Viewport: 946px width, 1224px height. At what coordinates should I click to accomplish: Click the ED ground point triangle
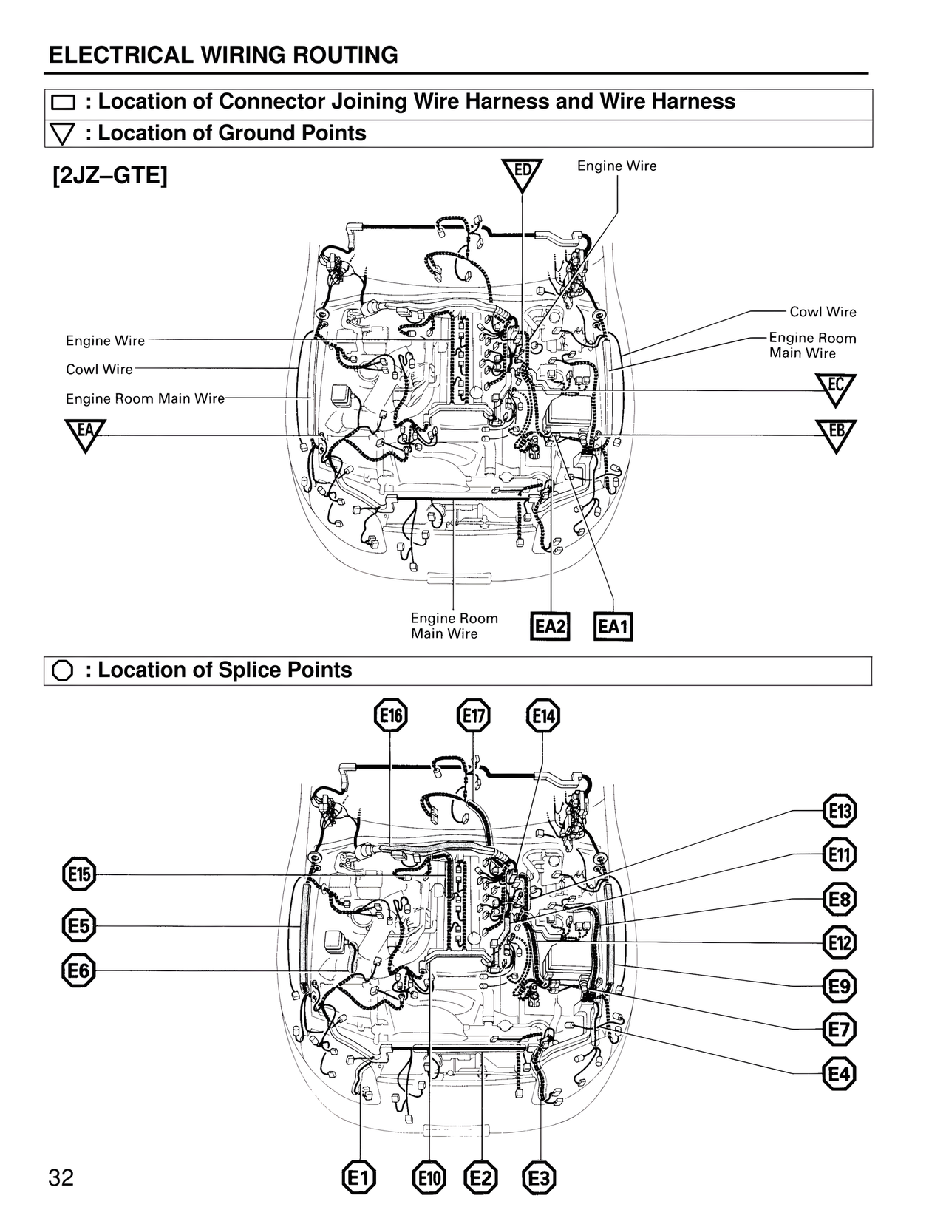[522, 172]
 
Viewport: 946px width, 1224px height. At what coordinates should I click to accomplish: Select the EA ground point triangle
[85, 432]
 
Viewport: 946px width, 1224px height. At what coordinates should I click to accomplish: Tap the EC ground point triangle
[835, 387]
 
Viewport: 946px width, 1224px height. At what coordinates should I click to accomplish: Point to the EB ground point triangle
[835, 433]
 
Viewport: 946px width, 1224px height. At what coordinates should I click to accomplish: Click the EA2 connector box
[551, 627]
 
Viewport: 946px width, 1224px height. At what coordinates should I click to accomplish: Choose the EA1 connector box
[613, 627]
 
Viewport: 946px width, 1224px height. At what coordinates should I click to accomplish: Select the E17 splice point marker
[473, 715]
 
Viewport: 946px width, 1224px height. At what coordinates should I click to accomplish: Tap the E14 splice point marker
[543, 715]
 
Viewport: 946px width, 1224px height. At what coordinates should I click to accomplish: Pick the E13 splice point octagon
[839, 812]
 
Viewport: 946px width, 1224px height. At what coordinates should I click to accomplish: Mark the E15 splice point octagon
[78, 875]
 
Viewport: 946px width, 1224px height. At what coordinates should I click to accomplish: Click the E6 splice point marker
[78, 970]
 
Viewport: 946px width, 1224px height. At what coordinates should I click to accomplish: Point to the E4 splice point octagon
[839, 1074]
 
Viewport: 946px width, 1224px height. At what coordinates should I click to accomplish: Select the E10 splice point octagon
[429, 1178]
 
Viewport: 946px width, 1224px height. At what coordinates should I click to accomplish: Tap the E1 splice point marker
[359, 1178]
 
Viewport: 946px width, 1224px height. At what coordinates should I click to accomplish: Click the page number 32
[61, 1177]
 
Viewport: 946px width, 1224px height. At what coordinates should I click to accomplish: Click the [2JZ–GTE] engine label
[109, 177]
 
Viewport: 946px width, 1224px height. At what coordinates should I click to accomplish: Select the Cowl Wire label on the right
[823, 312]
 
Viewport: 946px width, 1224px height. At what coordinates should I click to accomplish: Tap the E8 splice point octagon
[839, 900]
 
